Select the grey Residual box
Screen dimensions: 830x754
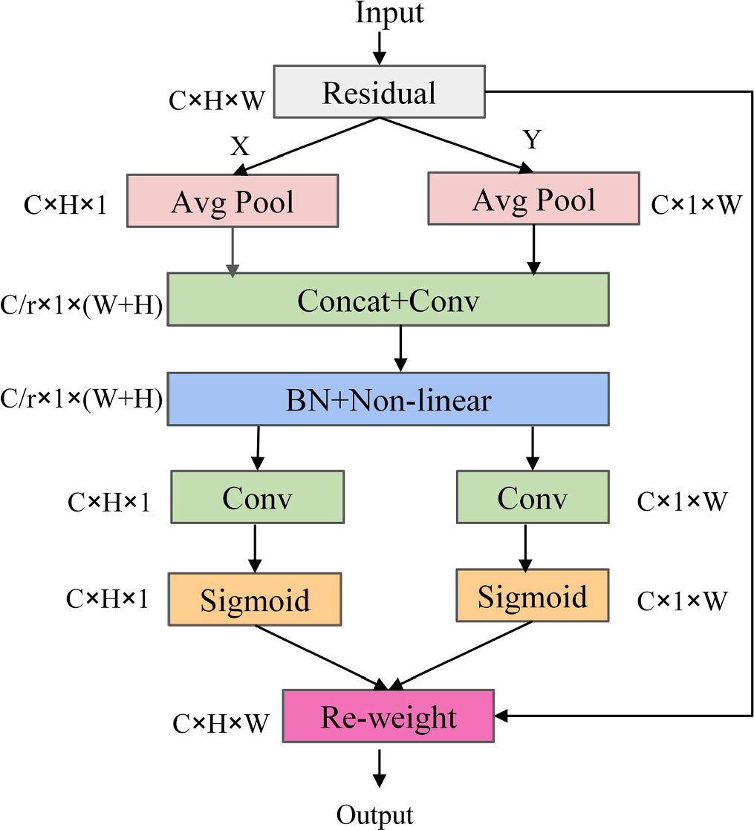(x=379, y=92)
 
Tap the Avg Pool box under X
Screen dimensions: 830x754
(x=233, y=201)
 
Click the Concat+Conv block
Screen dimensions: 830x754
(x=388, y=299)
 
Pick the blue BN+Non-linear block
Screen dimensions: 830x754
(x=388, y=399)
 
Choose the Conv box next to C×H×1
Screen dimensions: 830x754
(x=257, y=497)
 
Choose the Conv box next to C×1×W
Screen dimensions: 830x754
(x=533, y=497)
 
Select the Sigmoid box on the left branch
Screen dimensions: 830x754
(x=255, y=598)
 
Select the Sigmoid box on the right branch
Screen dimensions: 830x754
(x=532, y=595)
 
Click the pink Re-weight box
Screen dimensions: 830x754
(x=389, y=716)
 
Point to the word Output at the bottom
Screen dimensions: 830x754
(x=374, y=815)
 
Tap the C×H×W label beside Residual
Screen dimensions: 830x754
(x=217, y=101)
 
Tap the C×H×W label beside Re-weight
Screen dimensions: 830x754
(x=221, y=723)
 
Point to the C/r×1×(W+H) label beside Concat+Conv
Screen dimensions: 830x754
(x=82, y=304)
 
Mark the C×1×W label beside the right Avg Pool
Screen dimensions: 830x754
(x=695, y=205)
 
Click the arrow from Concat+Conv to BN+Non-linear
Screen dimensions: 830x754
(x=400, y=348)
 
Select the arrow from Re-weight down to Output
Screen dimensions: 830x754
(x=380, y=768)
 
